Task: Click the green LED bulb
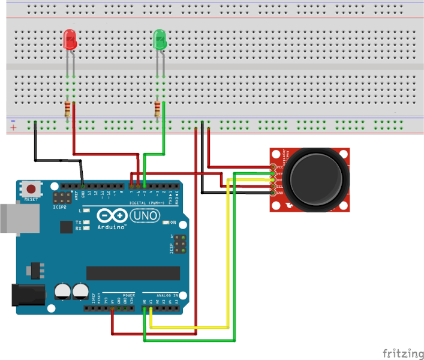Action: tap(160, 40)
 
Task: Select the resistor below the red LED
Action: tap(67, 109)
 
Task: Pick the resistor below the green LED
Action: tap(157, 109)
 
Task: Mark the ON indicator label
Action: tap(173, 223)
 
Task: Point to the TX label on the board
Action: tap(79, 223)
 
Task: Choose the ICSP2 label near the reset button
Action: tap(60, 207)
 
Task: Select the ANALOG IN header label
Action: tap(167, 295)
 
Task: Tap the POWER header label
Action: tap(128, 295)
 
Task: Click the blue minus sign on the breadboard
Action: tap(13, 121)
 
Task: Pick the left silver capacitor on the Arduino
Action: tap(62, 292)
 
